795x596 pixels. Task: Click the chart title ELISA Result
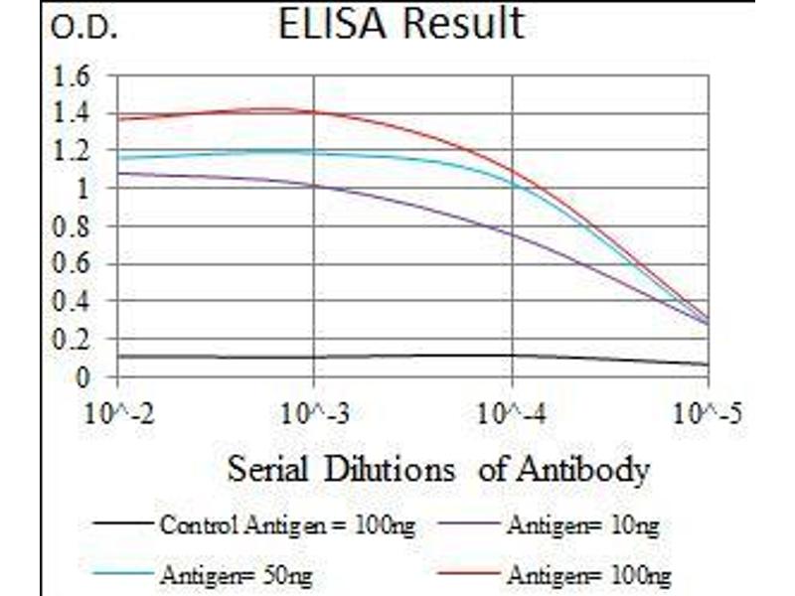point(400,24)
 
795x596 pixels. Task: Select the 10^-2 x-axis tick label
point(119,412)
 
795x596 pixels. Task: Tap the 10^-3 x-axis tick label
point(314,412)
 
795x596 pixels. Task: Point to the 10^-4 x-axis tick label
point(511,412)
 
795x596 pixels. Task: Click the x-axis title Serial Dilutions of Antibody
point(438,468)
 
